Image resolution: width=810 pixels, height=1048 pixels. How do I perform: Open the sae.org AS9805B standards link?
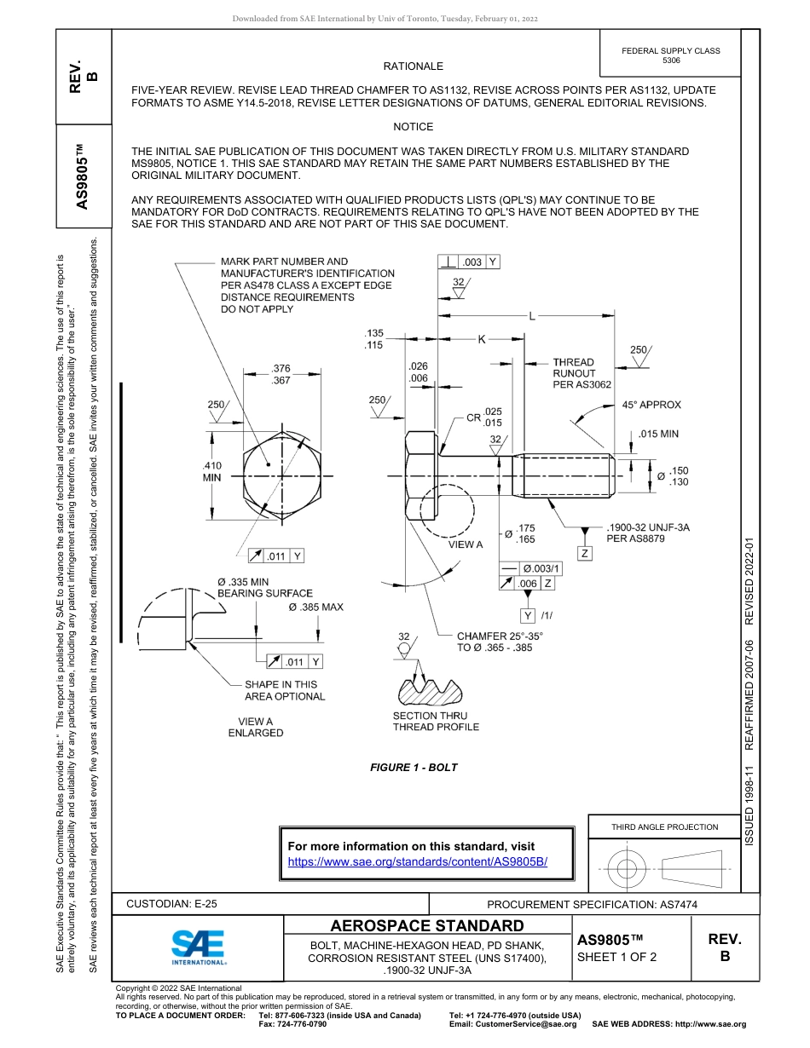click(x=418, y=861)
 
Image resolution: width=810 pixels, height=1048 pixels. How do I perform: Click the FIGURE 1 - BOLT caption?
click(x=414, y=768)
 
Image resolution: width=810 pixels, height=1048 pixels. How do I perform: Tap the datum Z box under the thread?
click(x=585, y=554)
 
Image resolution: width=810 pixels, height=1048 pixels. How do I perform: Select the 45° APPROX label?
click(x=651, y=405)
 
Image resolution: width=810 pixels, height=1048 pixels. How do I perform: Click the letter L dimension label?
click(x=531, y=317)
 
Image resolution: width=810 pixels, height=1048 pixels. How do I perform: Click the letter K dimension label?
click(x=481, y=339)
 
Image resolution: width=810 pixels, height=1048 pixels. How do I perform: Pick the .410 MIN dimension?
click(x=211, y=472)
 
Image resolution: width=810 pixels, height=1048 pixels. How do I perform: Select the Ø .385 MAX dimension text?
click(x=315, y=607)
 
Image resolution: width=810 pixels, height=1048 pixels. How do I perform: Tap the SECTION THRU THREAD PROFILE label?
click(x=436, y=722)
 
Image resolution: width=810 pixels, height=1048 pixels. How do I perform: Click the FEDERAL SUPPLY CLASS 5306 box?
click(x=670, y=55)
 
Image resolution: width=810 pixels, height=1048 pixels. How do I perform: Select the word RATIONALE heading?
click(x=414, y=66)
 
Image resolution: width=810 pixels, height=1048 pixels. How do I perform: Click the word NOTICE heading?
click(x=414, y=127)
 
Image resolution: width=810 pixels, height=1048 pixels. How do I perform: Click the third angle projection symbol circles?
click(x=627, y=869)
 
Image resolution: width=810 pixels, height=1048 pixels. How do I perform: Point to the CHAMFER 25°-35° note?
click(x=500, y=642)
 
